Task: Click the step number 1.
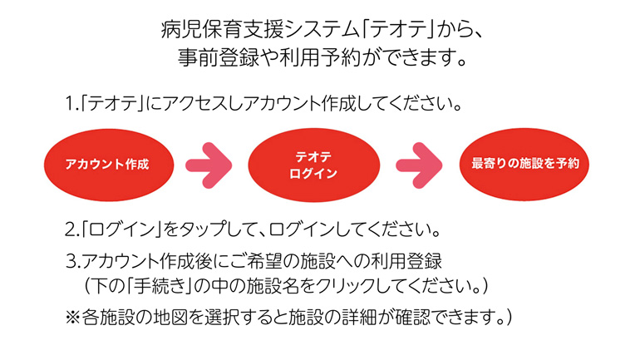70,107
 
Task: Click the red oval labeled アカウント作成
107,164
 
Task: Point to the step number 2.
70,227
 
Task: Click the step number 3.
71,259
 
